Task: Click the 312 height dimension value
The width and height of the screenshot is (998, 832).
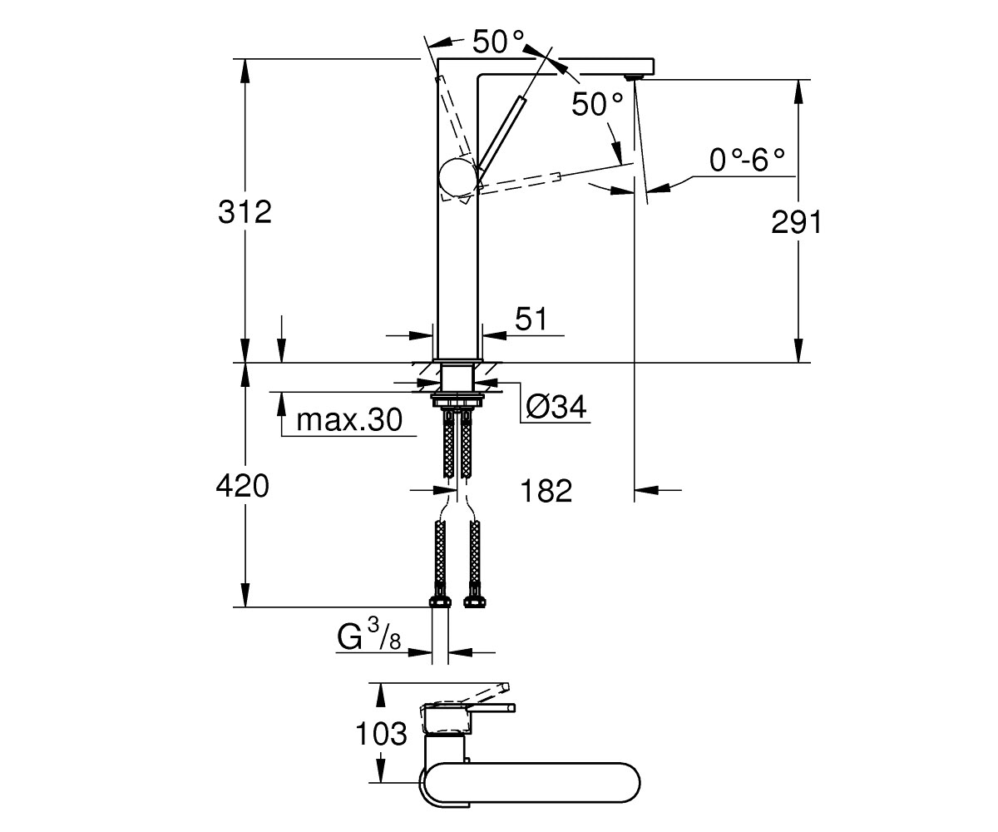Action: click(245, 212)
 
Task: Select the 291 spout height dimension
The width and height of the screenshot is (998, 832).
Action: click(796, 222)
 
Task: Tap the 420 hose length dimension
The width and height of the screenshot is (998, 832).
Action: click(243, 486)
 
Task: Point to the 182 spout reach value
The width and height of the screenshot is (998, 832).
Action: click(546, 491)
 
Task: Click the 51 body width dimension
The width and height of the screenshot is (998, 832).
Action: click(531, 319)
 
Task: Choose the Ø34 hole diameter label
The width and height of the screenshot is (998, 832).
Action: click(556, 407)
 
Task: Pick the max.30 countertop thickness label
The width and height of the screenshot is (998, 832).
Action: click(349, 420)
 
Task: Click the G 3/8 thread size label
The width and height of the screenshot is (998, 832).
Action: click(368, 634)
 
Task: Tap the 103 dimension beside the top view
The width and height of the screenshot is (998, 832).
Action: click(381, 734)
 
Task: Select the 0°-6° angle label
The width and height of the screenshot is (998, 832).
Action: click(747, 161)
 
